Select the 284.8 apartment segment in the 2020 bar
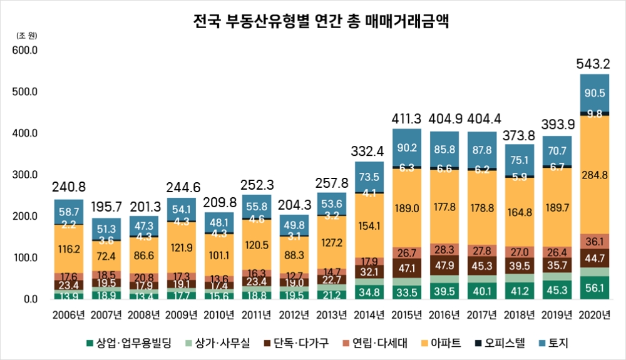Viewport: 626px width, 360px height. pyautogui.click(x=594, y=175)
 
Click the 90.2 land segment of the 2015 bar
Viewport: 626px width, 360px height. pyautogui.click(x=407, y=148)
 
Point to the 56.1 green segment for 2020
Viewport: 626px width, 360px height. pyautogui.click(x=594, y=288)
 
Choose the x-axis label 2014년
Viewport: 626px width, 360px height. pyautogui.click(x=369, y=314)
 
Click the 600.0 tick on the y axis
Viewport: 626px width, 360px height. pyautogui.click(x=26, y=50)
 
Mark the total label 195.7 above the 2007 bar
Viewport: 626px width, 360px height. pyautogui.click(x=106, y=207)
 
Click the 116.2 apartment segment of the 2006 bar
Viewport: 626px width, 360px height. pyautogui.click(x=69, y=249)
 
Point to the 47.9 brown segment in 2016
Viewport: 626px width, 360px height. pyautogui.click(x=444, y=265)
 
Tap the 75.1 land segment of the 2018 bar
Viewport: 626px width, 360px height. pyautogui.click(x=519, y=158)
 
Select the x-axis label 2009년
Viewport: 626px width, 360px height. pyautogui.click(x=182, y=314)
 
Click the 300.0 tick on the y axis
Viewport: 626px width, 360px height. pyautogui.click(x=26, y=175)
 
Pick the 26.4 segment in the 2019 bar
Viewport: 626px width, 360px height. pyautogui.click(x=557, y=253)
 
